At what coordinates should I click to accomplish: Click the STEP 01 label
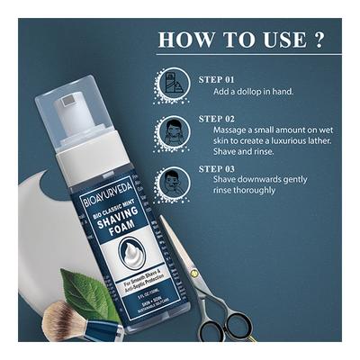click(217, 78)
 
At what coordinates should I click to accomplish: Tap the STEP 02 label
click(217, 118)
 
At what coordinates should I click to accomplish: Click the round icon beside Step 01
click(173, 85)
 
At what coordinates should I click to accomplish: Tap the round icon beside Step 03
click(173, 181)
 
